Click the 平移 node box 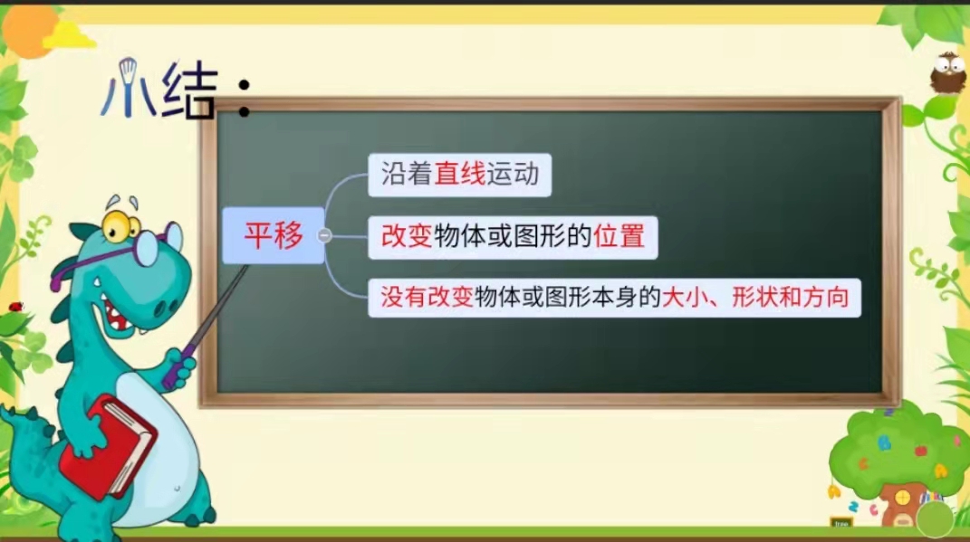pos(274,235)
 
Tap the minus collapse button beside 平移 pos(324,235)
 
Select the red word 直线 pos(459,174)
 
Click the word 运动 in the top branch pos(513,174)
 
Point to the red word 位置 pos(619,236)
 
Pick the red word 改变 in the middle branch pos(407,236)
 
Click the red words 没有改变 pos(427,298)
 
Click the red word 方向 pos(825,298)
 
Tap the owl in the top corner pos(948,73)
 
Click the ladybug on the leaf pos(15,306)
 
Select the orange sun pos(28,31)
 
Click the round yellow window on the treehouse pos(903,496)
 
